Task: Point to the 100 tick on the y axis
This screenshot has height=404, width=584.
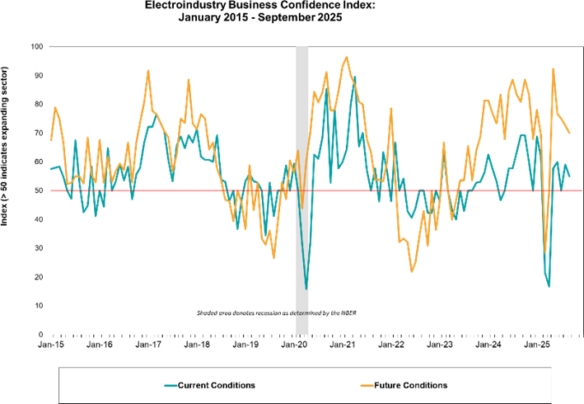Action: tap(36, 46)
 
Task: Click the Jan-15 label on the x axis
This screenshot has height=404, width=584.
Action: tap(51, 344)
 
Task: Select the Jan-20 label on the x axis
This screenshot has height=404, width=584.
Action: tap(294, 344)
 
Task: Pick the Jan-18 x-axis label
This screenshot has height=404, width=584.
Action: tap(197, 344)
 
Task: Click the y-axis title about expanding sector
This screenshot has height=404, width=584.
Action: tap(10, 190)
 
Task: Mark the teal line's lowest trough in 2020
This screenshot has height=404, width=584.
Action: tap(306, 289)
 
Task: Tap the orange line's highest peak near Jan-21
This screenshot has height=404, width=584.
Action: tap(347, 57)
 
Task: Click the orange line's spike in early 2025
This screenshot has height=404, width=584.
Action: tap(553, 68)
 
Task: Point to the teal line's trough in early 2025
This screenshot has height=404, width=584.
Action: tap(549, 286)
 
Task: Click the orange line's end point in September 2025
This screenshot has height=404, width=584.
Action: tap(570, 133)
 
